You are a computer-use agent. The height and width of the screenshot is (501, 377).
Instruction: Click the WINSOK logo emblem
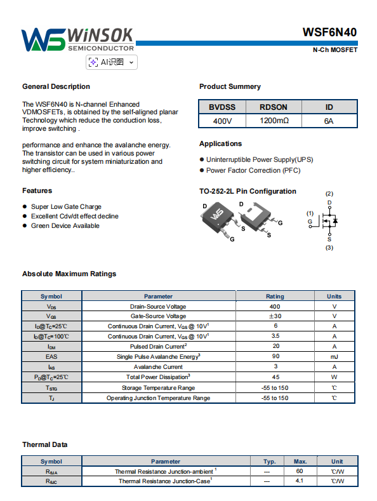[x=43, y=40]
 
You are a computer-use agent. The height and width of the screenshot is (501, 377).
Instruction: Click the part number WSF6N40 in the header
[x=329, y=32]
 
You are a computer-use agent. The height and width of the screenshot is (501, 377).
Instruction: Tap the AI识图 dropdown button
[x=112, y=62]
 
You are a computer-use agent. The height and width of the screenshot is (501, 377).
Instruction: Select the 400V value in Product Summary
[x=222, y=121]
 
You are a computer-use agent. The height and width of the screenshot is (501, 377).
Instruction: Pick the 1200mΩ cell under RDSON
[x=274, y=121]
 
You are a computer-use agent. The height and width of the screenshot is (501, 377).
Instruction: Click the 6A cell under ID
[x=329, y=121]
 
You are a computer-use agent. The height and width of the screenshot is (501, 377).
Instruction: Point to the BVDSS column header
[x=222, y=107]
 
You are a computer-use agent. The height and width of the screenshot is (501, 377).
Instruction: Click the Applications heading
[x=220, y=144]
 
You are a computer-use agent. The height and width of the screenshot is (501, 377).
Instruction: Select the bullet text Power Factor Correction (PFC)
[x=253, y=171]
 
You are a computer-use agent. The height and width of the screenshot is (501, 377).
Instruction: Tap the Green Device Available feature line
[x=65, y=226]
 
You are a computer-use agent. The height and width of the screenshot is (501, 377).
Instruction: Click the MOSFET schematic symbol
[x=323, y=221]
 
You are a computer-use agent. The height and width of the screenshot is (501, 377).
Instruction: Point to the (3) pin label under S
[x=329, y=248]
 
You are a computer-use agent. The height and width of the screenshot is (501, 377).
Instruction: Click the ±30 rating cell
[x=275, y=316]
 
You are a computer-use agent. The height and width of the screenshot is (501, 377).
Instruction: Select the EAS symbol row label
[x=51, y=357]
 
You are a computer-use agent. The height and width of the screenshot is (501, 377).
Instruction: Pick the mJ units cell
[x=334, y=357]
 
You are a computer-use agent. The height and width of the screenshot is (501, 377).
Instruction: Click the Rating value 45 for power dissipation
[x=275, y=377]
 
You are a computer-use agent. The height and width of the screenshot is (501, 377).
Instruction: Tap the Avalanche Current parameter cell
[x=158, y=367]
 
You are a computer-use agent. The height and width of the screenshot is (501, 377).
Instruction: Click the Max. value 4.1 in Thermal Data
[x=300, y=481]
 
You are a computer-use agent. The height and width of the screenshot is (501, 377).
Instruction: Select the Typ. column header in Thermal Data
[x=269, y=462]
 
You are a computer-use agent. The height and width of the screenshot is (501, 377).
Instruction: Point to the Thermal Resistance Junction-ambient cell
[x=166, y=471]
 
